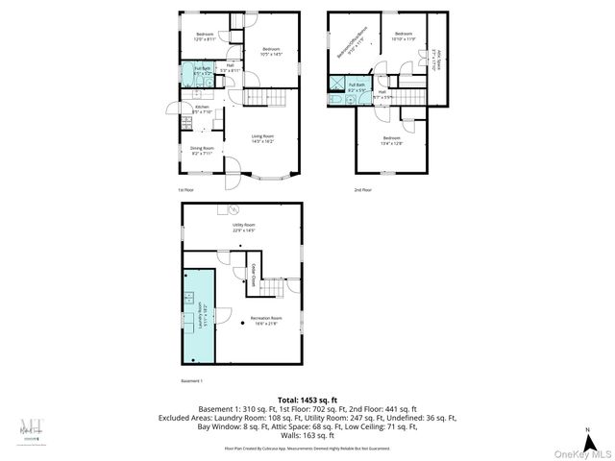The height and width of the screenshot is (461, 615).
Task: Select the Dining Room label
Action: [x=201, y=149]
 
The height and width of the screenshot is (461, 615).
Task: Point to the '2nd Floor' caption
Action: [x=363, y=188]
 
